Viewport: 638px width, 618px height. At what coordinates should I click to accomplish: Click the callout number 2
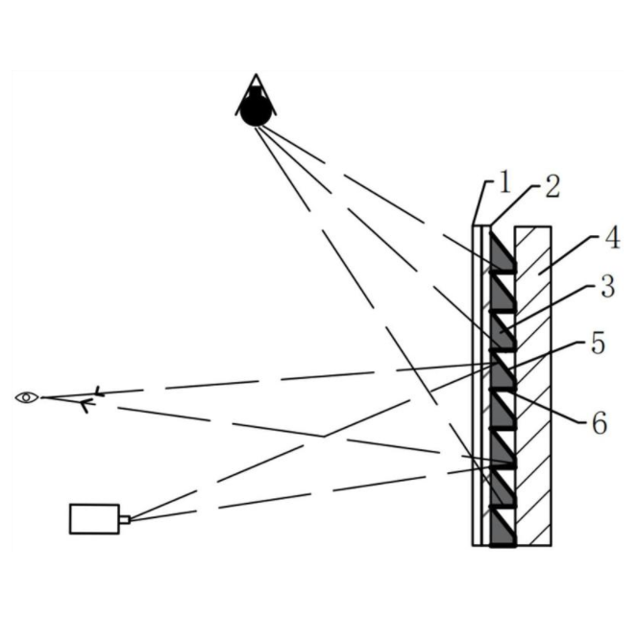551,187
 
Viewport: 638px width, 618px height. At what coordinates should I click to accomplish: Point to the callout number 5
597,344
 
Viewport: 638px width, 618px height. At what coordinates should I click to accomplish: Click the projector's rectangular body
94,518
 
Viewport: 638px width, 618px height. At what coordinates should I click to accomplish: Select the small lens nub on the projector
124,519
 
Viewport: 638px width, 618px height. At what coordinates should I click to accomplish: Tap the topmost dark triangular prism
501,251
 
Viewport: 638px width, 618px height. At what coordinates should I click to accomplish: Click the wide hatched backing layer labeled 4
533,384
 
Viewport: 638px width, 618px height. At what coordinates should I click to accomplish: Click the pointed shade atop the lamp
256,86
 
